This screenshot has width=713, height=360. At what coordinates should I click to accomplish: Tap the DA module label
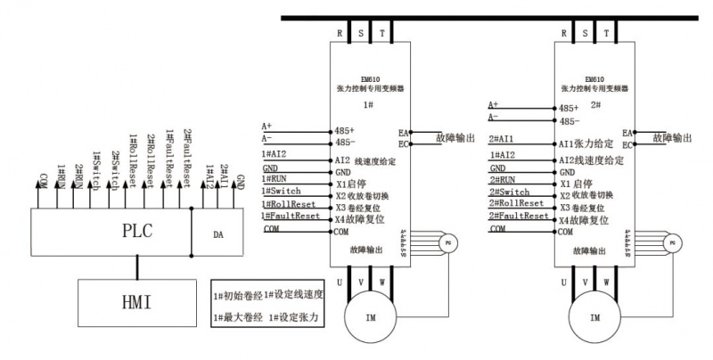218,234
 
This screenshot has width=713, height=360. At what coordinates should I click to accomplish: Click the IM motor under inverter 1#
368,317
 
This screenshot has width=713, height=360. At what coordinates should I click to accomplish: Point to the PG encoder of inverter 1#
448,241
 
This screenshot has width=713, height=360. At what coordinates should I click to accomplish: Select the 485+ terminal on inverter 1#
344,130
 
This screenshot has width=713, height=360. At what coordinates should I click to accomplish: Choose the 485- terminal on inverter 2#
569,121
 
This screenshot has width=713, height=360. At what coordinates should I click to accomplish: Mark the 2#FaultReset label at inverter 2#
519,216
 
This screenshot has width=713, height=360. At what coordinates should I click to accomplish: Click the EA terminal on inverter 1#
404,133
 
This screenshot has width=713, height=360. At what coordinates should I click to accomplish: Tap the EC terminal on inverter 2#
627,144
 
